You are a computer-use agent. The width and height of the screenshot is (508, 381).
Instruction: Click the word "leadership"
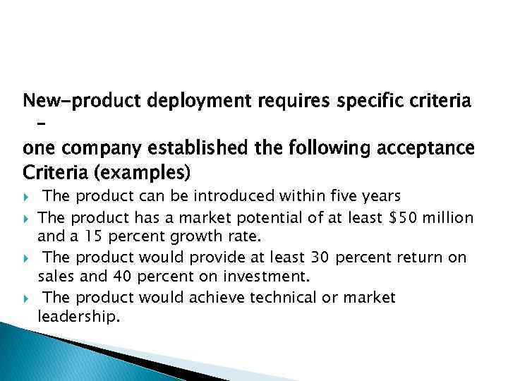pyautogui.click(x=76, y=317)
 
